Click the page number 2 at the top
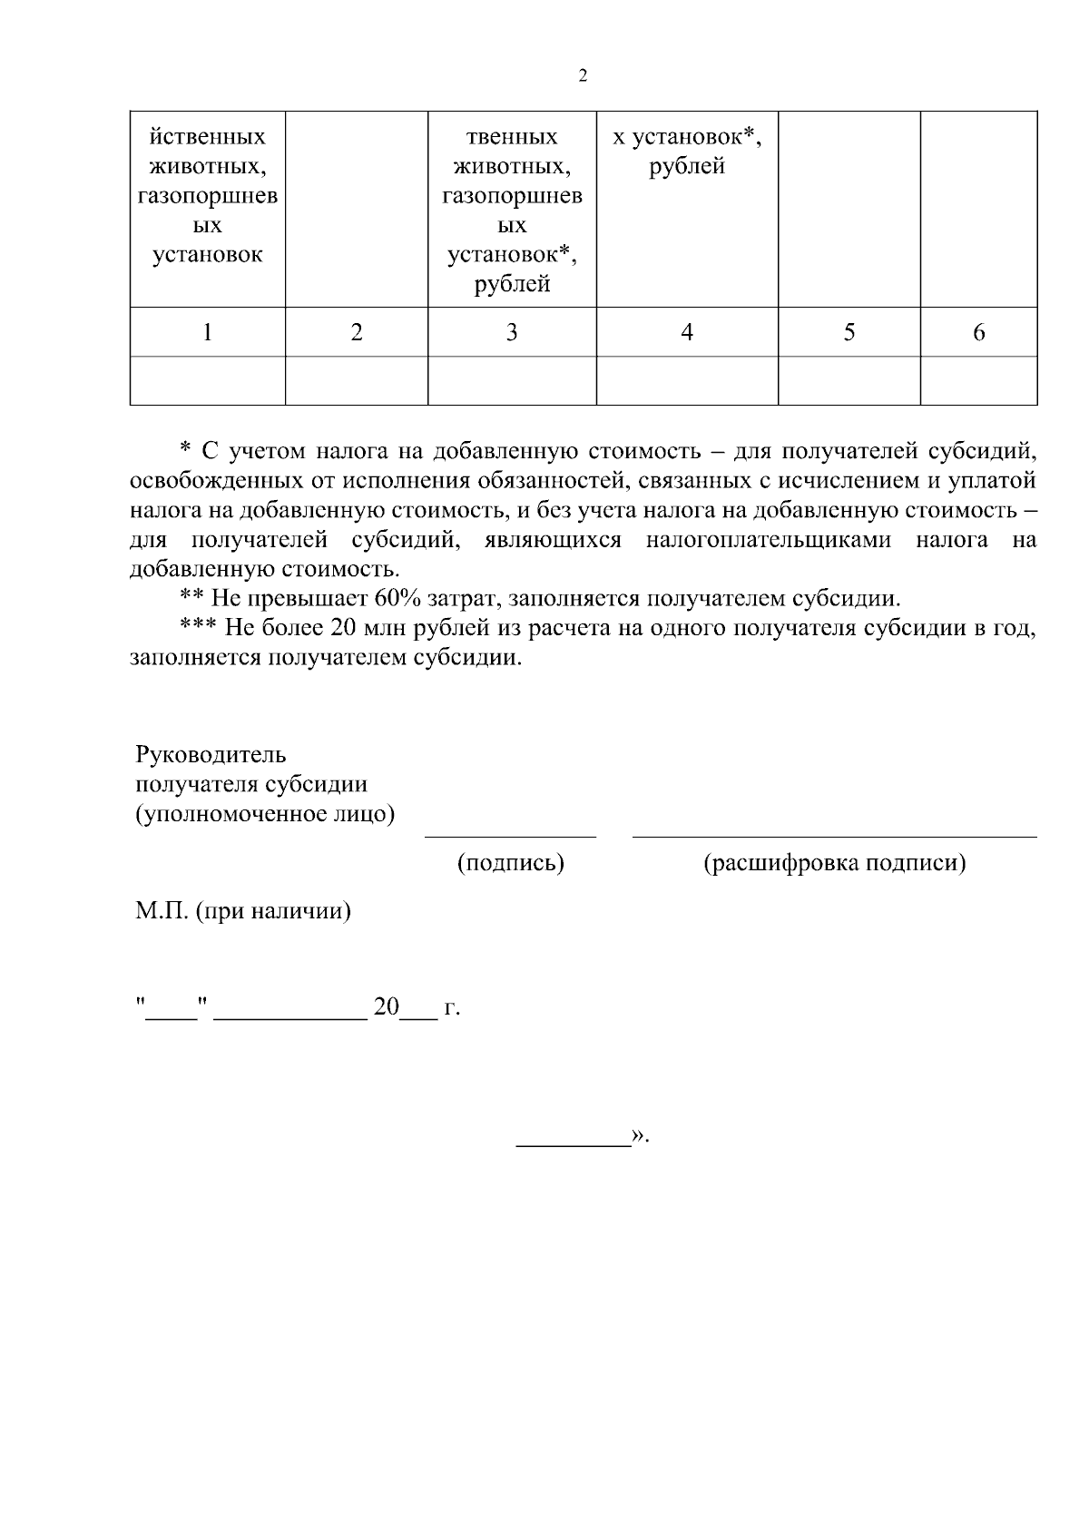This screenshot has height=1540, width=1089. [x=583, y=76]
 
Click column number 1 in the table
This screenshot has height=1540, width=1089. [x=208, y=333]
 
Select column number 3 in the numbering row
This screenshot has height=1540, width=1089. [x=512, y=333]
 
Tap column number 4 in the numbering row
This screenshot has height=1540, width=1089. [x=687, y=333]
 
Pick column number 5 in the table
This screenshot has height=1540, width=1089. [x=849, y=333]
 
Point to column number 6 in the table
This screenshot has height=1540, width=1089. [x=978, y=333]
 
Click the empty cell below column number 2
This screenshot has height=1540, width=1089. [x=357, y=380]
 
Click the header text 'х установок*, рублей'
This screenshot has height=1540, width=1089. [x=687, y=152]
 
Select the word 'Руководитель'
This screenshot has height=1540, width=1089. [x=211, y=754]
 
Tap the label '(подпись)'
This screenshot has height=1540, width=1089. [x=511, y=862]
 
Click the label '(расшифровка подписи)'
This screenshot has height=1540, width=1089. [x=834, y=862]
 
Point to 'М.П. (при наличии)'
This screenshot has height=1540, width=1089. [x=243, y=910]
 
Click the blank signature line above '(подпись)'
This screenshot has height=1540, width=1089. [x=511, y=835]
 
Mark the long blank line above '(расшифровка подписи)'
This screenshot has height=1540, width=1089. [x=834, y=835]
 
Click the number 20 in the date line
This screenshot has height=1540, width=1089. [x=386, y=1007]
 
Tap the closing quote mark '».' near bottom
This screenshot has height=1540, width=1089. [x=641, y=1136]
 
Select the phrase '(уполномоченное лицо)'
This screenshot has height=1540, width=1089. [x=265, y=814]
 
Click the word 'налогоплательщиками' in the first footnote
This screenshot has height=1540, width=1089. [x=769, y=541]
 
